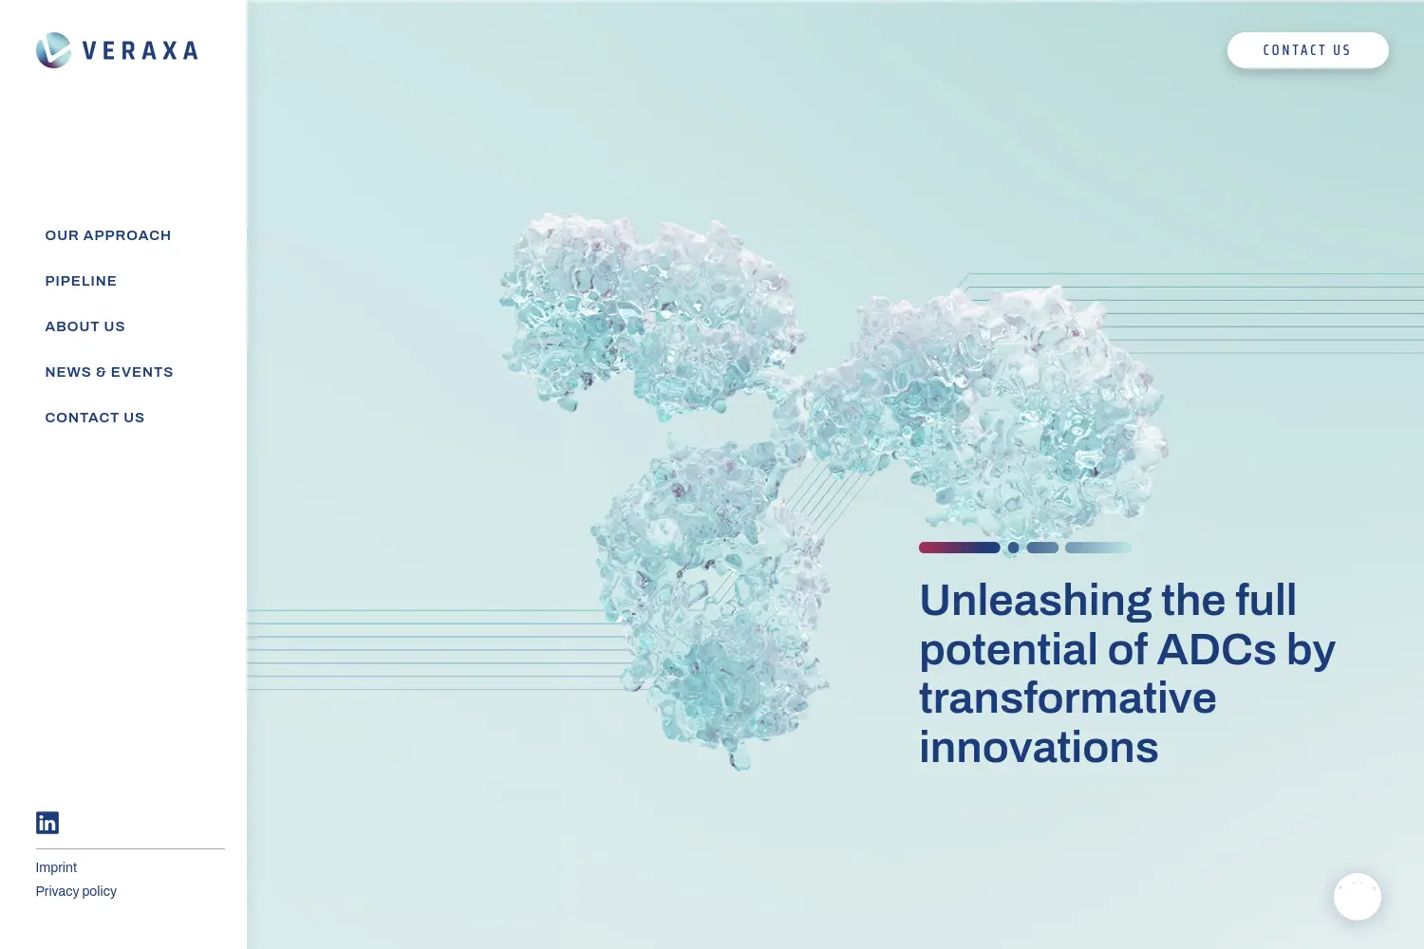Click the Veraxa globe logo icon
(53, 50)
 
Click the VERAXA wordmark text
(141, 51)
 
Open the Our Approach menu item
(108, 235)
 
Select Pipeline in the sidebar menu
(81, 281)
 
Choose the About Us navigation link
(85, 326)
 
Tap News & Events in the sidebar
(109, 372)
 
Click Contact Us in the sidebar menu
(95, 418)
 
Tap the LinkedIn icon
(47, 823)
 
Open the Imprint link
(56, 867)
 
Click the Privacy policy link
(76, 891)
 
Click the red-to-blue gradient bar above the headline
(959, 548)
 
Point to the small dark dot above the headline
(1013, 548)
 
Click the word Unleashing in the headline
(1035, 601)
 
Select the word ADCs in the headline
(1216, 650)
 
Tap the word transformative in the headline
(1068, 698)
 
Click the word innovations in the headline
(1039, 748)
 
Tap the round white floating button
(1358, 896)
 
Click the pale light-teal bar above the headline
(1097, 548)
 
